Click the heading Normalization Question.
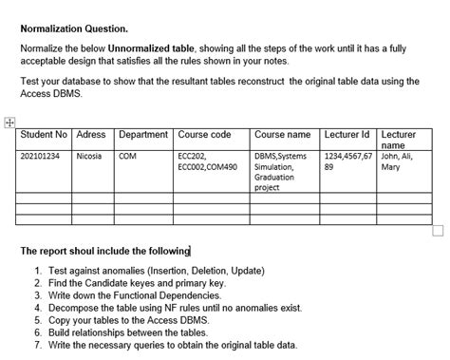click(74, 28)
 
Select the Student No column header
click(44, 135)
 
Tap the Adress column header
click(91, 135)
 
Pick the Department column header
click(143, 135)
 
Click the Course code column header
click(205, 135)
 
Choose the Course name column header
click(282, 135)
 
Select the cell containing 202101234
click(40, 155)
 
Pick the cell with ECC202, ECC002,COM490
click(207, 161)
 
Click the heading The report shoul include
click(104, 251)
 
